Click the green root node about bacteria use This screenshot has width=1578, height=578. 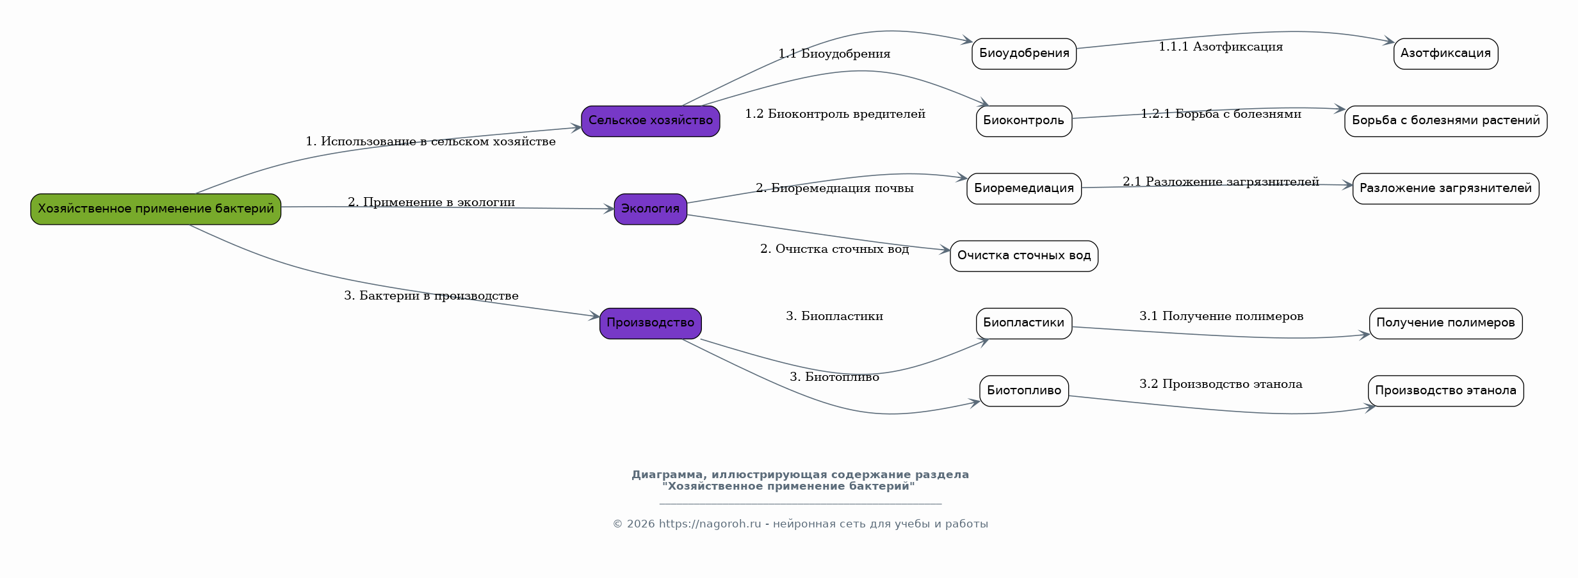point(156,209)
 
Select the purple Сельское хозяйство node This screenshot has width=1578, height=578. point(651,121)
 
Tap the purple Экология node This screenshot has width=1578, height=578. point(651,209)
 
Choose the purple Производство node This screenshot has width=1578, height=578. point(651,323)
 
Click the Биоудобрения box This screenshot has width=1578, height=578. point(1024,54)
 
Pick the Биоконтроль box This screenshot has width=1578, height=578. point(1024,121)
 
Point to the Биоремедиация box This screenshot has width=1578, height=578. point(1024,189)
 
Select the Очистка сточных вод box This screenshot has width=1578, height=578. point(1024,256)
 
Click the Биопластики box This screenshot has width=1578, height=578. point(1024,323)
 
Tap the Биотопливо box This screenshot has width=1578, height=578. point(1024,391)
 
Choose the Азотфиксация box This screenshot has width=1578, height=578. point(1446,54)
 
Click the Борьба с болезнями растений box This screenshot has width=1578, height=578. point(1446,121)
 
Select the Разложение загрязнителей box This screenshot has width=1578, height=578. point(1446,189)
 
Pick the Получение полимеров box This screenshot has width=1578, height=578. point(1446,323)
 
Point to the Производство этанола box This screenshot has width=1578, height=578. point(1446,391)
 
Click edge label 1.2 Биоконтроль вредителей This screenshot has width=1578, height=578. point(835,114)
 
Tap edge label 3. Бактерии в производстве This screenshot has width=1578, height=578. point(431,296)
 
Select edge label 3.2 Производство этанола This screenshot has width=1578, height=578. point(1221,384)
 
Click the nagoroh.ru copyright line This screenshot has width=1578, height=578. point(801,524)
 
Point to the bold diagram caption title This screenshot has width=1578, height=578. point(801,481)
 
